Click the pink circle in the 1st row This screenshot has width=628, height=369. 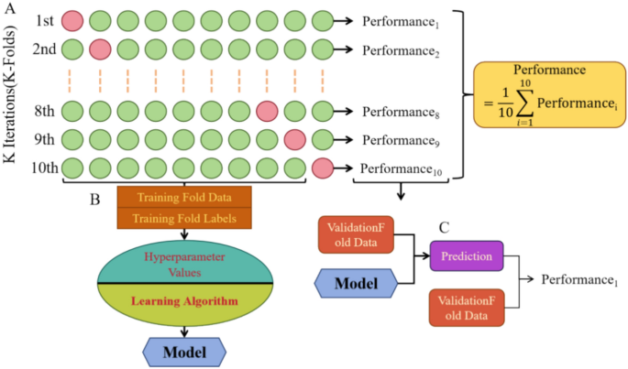point(73,20)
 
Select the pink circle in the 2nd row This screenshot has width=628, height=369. point(101,49)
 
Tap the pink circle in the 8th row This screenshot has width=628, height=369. point(268,111)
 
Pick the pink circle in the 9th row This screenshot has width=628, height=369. point(295,139)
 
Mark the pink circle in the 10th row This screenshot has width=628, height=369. point(323,168)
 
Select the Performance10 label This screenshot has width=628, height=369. point(402,168)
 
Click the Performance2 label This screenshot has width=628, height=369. point(401,49)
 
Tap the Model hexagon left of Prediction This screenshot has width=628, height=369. point(355,284)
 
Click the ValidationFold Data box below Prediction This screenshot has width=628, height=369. point(468,306)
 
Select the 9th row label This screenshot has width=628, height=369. point(44,140)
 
